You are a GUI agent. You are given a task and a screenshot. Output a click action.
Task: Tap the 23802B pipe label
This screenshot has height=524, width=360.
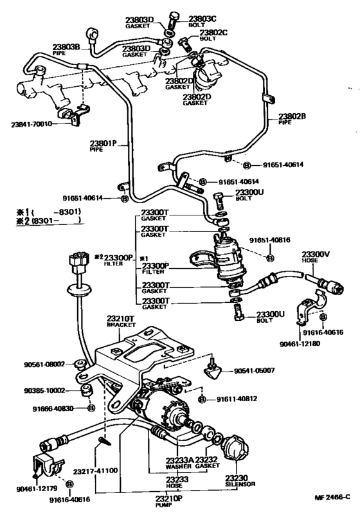point(292,118)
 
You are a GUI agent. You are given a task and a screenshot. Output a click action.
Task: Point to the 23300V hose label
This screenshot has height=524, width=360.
point(316,255)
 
